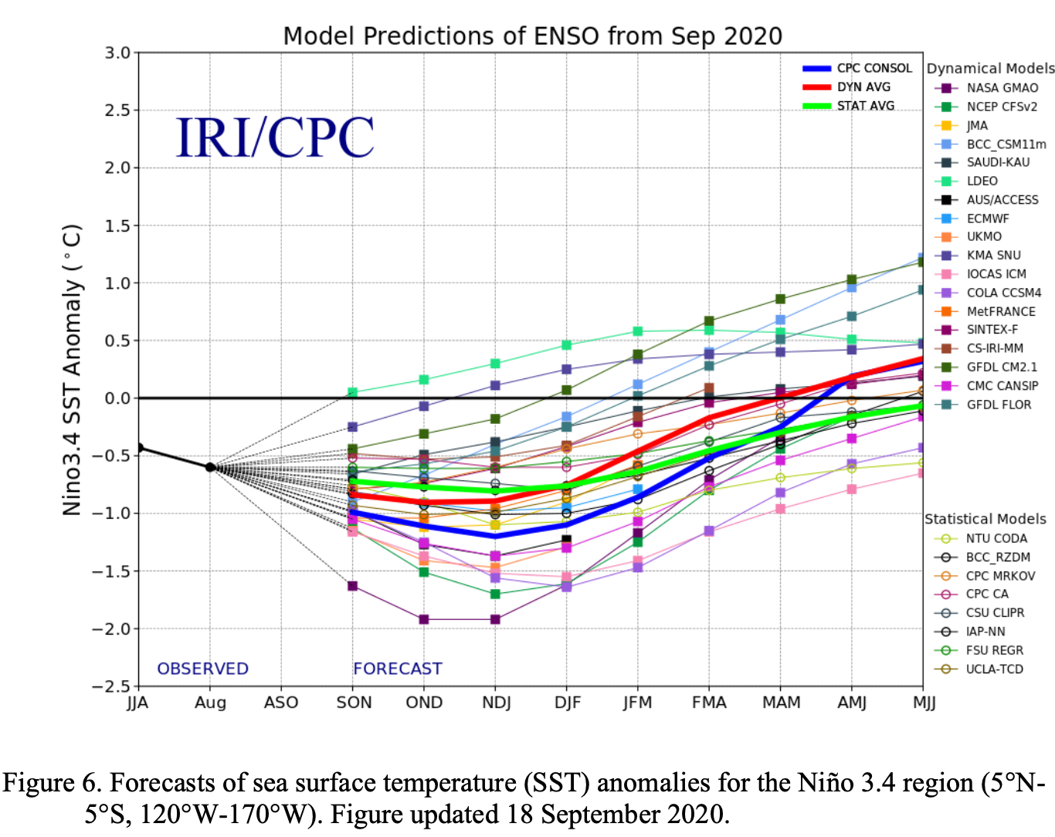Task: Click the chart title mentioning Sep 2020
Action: (532, 36)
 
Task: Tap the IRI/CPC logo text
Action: (275, 138)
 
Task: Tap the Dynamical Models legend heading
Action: (990, 69)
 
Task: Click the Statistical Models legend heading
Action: (985, 519)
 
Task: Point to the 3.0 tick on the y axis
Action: (118, 53)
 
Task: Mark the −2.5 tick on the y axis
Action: (111, 686)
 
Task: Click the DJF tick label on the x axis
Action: (568, 703)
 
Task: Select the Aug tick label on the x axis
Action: (210, 703)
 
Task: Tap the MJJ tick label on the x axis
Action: (924, 703)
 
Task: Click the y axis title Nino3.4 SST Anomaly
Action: (72, 369)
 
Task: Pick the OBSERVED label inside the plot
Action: (202, 669)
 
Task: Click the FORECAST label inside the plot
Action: (398, 669)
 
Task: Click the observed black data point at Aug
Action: (210, 467)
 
